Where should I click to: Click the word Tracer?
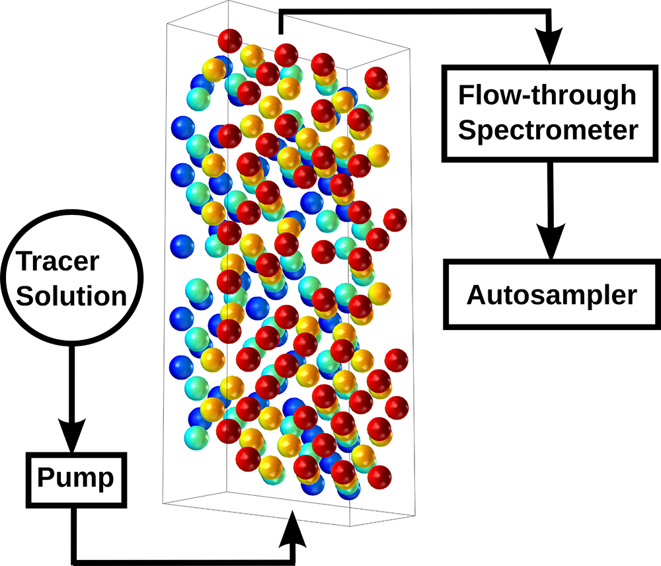coord(58,261)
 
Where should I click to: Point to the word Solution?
coord(71,296)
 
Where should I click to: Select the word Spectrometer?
coord(548,131)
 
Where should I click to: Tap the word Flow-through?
coord(547,95)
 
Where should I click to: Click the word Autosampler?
coord(551,295)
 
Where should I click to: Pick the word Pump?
coord(75,479)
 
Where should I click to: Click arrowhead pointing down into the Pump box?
coord(71,435)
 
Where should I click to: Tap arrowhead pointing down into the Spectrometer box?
coord(549,46)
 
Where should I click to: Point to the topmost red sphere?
coord(230,40)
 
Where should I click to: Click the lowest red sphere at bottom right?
coord(379,477)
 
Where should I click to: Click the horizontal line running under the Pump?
coord(184,563)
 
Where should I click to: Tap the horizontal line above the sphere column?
coord(415,12)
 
